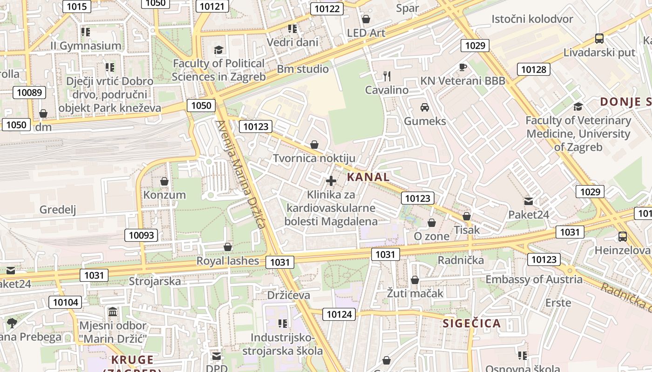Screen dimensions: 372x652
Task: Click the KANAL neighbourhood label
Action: point(368,177)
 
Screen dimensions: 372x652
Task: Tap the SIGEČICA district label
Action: point(471,324)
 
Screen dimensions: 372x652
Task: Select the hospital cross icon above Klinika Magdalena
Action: point(331,180)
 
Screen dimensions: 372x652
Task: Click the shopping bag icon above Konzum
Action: point(164,181)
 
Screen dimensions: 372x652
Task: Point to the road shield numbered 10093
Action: point(141,235)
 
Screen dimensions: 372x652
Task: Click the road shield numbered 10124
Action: point(339,314)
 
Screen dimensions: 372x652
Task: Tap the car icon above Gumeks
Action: point(424,107)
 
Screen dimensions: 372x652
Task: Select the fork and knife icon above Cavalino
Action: point(387,76)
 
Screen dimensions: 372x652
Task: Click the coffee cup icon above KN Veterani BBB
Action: point(462,67)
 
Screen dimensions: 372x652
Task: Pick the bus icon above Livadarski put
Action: point(599,39)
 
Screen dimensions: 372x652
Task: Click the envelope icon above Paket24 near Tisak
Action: point(528,201)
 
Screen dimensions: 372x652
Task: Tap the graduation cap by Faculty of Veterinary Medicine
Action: point(578,106)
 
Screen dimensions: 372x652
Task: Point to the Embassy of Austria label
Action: point(534,279)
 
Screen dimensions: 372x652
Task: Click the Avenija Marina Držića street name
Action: point(241,174)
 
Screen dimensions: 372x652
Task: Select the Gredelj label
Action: point(58,210)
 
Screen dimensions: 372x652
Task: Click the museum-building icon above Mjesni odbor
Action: point(112,311)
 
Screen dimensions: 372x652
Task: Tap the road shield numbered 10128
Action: point(533,70)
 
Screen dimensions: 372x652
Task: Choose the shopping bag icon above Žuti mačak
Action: point(414,280)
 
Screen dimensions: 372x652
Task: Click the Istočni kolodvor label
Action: point(532,19)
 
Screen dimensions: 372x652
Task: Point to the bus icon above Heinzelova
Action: point(622,236)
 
